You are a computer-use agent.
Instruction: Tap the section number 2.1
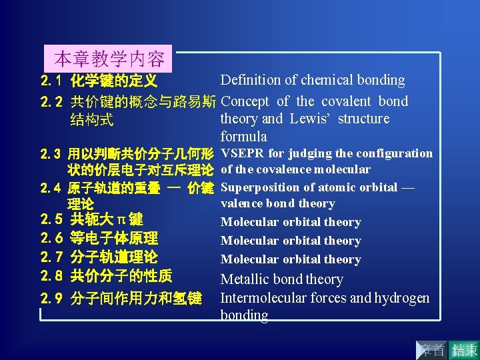pyautogui.click(x=51, y=81)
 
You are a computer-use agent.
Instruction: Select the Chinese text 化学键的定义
pyautogui.click(x=114, y=81)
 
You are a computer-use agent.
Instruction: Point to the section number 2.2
pyautogui.click(x=51, y=102)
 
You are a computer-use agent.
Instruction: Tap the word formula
pyautogui.click(x=244, y=137)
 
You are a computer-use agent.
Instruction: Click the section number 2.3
pyautogui.click(x=51, y=154)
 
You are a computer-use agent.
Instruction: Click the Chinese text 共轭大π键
pyautogui.click(x=107, y=219)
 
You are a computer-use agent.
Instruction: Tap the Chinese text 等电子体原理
pyautogui.click(x=114, y=238)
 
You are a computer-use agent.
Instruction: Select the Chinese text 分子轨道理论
pyautogui.click(x=114, y=257)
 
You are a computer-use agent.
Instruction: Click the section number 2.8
pyautogui.click(x=51, y=275)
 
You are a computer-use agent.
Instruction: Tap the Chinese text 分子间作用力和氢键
pyautogui.click(x=136, y=298)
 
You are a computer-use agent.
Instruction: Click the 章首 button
pyautogui.click(x=433, y=349)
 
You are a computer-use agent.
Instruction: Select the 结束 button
pyautogui.click(x=465, y=349)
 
